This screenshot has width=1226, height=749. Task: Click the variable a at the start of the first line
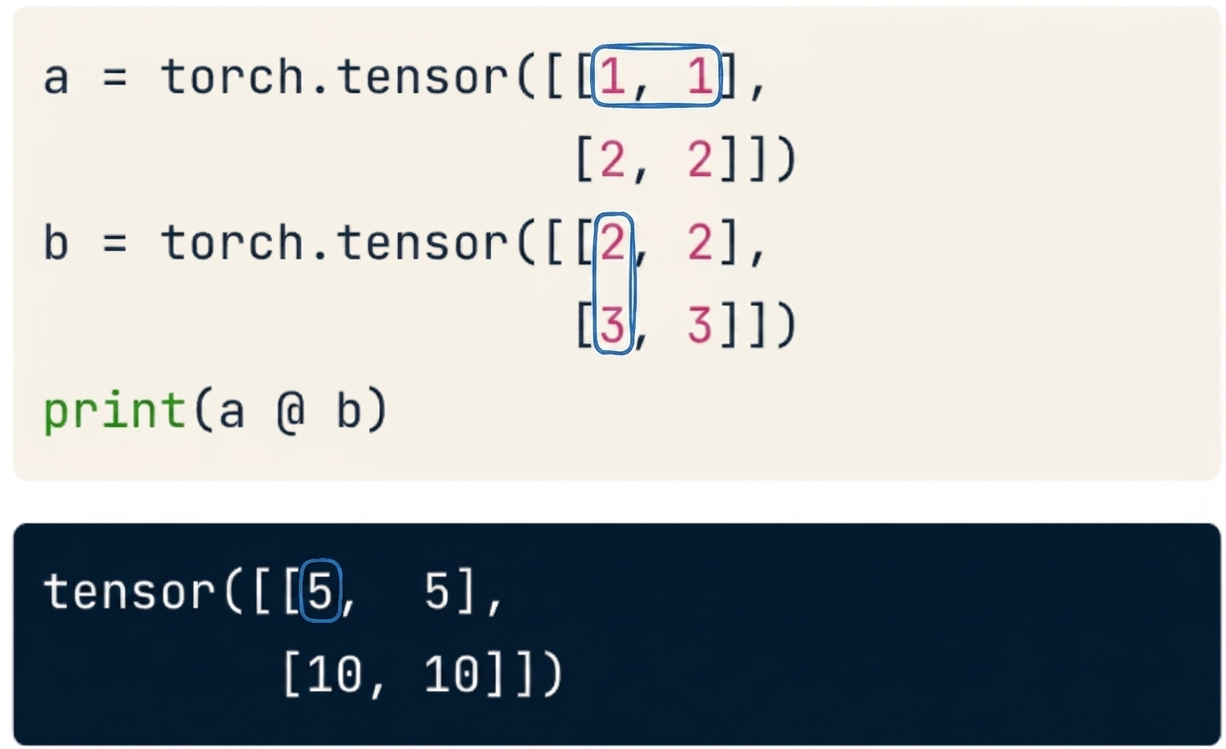[56, 79]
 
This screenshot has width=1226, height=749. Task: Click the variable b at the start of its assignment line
[56, 242]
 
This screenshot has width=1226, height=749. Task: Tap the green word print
[114, 411]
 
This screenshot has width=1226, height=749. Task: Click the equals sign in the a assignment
[115, 79]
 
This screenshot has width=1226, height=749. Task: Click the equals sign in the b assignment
[115, 242]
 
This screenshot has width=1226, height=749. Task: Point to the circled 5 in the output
[320, 591]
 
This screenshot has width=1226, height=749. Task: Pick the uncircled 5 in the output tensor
[437, 591]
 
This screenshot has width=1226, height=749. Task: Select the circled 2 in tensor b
[613, 242]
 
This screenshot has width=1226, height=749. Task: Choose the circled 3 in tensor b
[613, 325]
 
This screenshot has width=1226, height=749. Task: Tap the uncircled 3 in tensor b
[700, 325]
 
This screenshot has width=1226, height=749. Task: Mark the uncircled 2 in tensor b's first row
[700, 242]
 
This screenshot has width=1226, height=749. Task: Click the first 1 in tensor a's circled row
[613, 77]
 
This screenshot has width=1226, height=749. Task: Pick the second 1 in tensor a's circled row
[701, 77]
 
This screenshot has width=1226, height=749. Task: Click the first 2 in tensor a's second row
[613, 159]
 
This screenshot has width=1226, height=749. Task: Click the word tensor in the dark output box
[129, 592]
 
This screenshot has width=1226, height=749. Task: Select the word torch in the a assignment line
[232, 77]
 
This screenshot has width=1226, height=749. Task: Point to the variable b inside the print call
[348, 409]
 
